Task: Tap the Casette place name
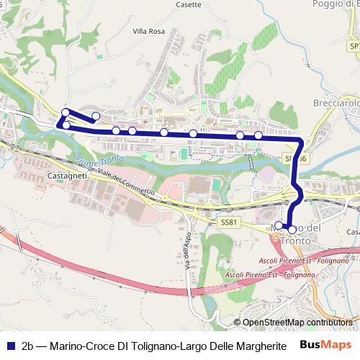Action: coord(189,4)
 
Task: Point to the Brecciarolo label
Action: coord(336,103)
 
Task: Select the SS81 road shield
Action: coord(228,222)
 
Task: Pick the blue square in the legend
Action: coord(10,345)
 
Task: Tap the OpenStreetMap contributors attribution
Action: coord(298,323)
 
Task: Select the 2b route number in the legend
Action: coord(28,345)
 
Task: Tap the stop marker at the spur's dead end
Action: coord(96,116)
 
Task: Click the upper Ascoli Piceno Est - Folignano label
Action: coord(294,260)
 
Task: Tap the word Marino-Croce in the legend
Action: coord(80,345)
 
